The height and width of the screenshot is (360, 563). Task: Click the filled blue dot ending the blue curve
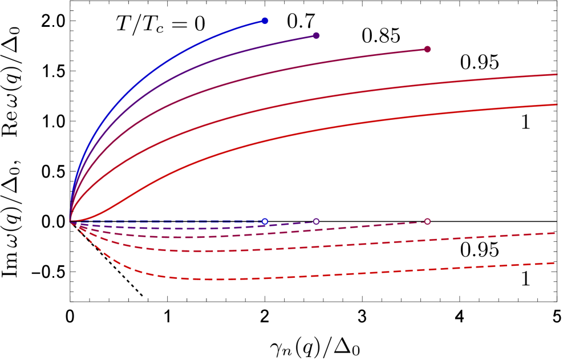pyautogui.click(x=265, y=21)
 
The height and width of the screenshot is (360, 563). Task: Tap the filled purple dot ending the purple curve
pyautogui.click(x=316, y=35)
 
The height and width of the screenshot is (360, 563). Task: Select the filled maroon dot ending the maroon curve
pyautogui.click(x=427, y=49)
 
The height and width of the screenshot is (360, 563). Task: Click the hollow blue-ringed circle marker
pyautogui.click(x=265, y=221)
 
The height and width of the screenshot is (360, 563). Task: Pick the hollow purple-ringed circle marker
pyautogui.click(x=316, y=221)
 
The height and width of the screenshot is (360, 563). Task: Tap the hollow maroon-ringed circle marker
pyautogui.click(x=427, y=221)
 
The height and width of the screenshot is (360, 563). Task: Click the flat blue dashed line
pyautogui.click(x=171, y=221)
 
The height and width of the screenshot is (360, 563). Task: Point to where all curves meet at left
pyautogui.click(x=70, y=221)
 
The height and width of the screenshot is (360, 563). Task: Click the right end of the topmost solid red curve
pyautogui.click(x=556, y=74)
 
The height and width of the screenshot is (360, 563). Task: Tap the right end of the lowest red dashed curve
pyautogui.click(x=554, y=263)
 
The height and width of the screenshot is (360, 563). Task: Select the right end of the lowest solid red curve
pyautogui.click(x=556, y=104)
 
